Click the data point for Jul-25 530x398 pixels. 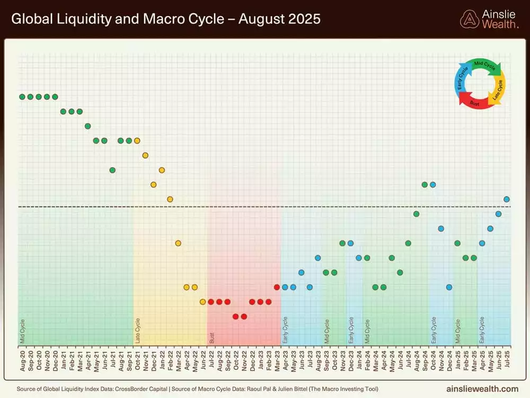coord(507,199)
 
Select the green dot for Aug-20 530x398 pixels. coord(22,97)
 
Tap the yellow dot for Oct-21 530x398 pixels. coord(137,141)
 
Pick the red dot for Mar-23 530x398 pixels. coord(277,287)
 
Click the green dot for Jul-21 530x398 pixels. coord(112,170)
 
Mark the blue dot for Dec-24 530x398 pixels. coord(449,287)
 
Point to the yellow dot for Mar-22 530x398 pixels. coord(178,243)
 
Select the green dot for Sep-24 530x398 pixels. coord(425,185)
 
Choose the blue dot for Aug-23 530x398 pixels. coord(317,258)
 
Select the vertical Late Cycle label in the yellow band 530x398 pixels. coord(138,331)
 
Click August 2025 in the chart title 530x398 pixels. coord(279,19)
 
